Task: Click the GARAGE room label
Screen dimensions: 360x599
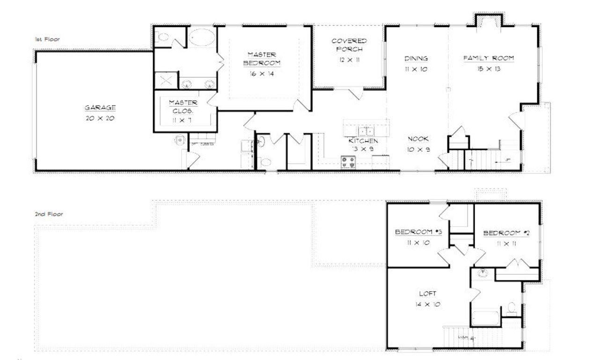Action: (100, 107)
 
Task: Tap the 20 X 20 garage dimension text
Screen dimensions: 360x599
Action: (100, 118)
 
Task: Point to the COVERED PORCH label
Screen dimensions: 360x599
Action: (349, 45)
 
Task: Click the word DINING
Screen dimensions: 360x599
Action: (416, 59)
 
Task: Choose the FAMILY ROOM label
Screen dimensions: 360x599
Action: (489, 59)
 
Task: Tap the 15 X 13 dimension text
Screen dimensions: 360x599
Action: (489, 69)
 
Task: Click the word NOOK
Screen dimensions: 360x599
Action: (418, 139)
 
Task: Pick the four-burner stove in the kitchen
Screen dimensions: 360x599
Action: (348, 162)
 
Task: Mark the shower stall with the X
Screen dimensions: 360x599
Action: (166, 80)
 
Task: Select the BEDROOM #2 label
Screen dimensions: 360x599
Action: (506, 233)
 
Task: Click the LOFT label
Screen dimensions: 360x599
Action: (428, 294)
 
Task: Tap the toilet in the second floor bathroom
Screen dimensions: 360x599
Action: (511, 309)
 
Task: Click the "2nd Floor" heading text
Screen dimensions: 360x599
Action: (49, 214)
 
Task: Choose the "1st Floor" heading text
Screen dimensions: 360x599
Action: (47, 39)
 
